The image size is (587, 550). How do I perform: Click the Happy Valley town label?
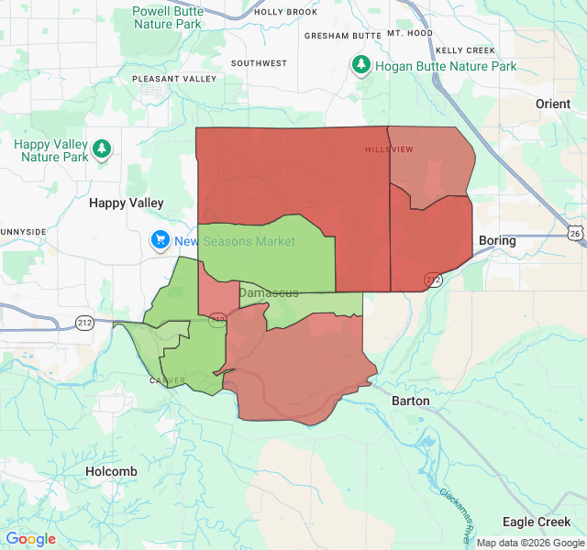pos(126,203)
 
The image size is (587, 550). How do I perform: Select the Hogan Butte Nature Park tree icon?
pos(362,66)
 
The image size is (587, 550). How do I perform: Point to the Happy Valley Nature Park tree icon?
pos(101,148)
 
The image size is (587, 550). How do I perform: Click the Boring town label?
pos(497,241)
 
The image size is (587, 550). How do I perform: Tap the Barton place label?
pos(410,401)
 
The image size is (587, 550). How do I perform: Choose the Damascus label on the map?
pos(269,292)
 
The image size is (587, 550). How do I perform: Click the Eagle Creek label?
pos(537,522)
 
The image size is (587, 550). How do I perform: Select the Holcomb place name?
pos(111,471)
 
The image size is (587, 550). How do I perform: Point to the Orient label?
pos(553,104)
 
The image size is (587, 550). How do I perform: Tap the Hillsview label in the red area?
pos(389,149)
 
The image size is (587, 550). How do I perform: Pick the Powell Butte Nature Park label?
pos(167,16)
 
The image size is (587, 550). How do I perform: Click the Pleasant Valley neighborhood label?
pos(174,79)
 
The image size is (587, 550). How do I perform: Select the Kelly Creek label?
pos(466,50)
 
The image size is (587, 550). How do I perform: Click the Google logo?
pos(30,539)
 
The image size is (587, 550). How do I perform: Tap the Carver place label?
pos(168,380)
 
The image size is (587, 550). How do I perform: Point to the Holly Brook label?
pos(285,12)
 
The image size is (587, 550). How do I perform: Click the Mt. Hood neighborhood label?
pos(409,33)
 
